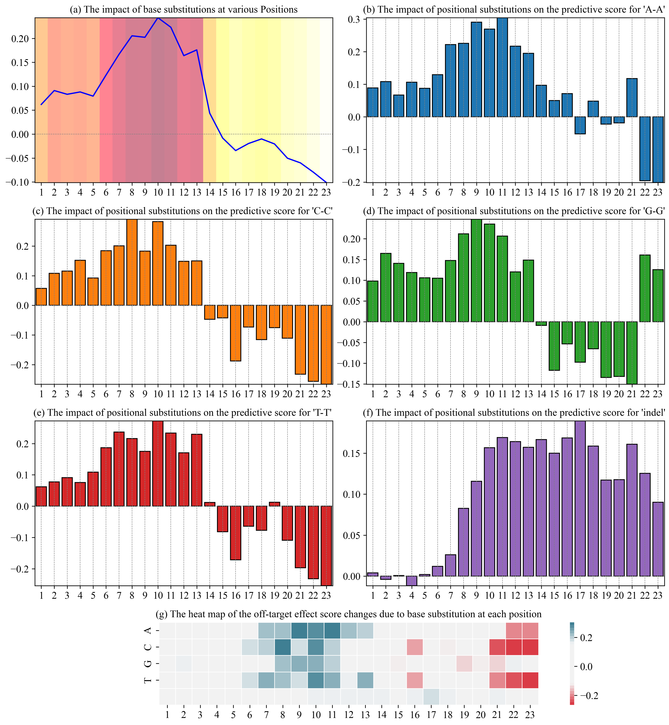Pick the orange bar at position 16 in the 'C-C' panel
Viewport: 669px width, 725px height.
point(236,333)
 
